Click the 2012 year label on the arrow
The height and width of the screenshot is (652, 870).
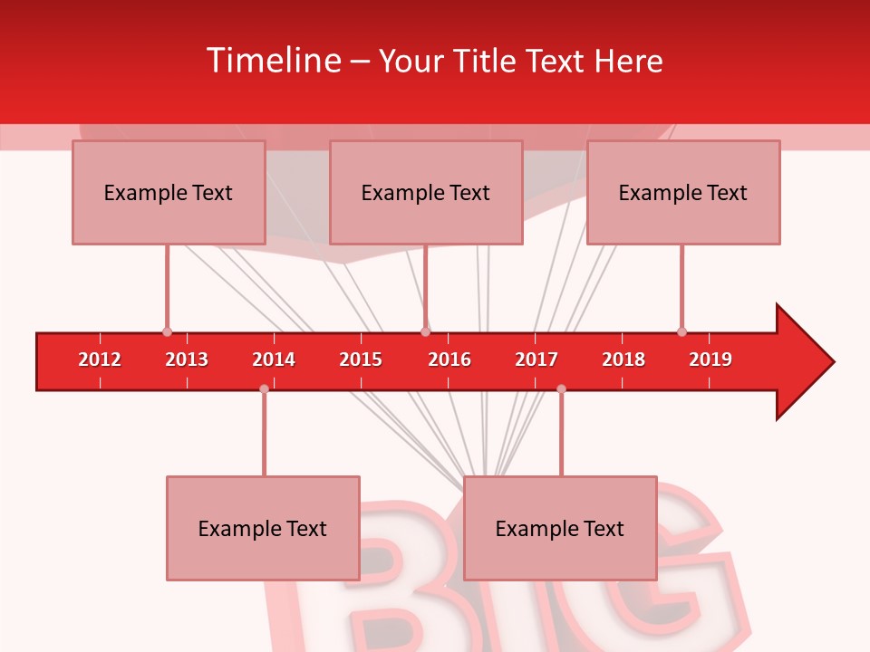(100, 360)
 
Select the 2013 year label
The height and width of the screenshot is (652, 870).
(187, 360)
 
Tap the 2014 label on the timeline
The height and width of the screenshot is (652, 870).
(274, 360)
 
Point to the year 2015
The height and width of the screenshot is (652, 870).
(361, 360)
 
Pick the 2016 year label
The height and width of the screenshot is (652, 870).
(449, 360)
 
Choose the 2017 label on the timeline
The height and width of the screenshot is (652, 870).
(536, 360)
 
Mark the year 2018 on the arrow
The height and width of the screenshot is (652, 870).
(623, 360)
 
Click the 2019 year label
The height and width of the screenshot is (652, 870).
(710, 360)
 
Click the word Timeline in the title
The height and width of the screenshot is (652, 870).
(273, 61)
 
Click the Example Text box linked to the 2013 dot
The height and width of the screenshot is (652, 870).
(169, 192)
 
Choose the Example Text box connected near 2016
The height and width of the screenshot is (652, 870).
(426, 192)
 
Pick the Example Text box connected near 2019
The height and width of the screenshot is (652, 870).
(683, 192)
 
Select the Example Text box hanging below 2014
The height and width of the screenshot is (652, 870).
(263, 528)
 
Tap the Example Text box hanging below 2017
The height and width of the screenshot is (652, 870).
(560, 528)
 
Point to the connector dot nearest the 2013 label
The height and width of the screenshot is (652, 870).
(167, 331)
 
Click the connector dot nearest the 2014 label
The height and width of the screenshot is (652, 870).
(264, 388)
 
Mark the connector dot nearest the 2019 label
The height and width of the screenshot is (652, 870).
(681, 331)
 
